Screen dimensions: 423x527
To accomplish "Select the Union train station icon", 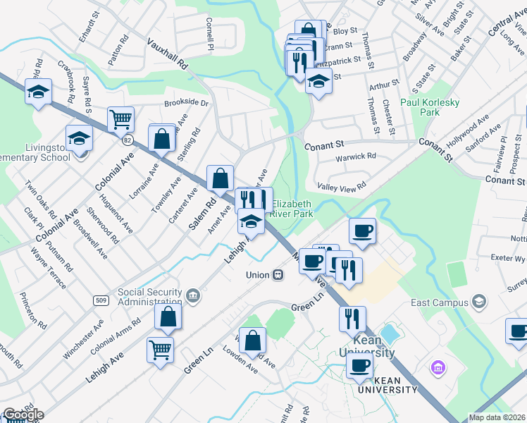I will (278, 275).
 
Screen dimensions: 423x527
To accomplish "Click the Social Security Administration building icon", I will (192, 293).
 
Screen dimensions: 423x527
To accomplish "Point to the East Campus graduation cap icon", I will (479, 303).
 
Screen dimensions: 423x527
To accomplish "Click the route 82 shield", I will (127, 140).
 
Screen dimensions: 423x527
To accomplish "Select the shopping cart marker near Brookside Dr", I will (121, 119).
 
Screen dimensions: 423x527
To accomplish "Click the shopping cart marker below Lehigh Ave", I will (161, 349).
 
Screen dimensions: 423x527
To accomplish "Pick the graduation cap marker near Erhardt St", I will (38, 91).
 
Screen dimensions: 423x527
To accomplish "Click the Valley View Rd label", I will (342, 187).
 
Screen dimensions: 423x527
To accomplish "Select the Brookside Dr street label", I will (187, 103).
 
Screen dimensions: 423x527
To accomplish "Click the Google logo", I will (23, 415).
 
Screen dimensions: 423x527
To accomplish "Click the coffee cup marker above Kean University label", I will (359, 366).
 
